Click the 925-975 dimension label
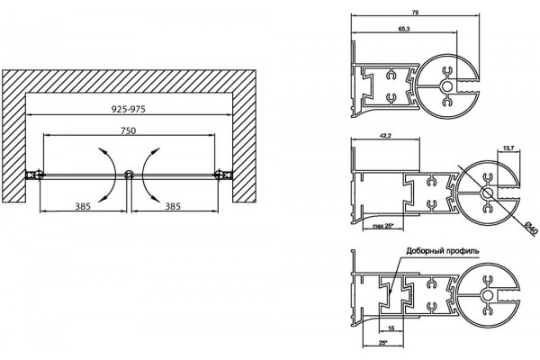(129, 109)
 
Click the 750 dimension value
(128, 130)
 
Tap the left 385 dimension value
(83, 206)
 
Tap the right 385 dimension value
(173, 206)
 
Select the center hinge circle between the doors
(129, 175)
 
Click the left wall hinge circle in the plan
(39, 175)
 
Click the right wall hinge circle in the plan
(219, 175)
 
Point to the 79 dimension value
(415, 13)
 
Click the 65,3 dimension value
(404, 30)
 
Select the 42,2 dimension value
(385, 136)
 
